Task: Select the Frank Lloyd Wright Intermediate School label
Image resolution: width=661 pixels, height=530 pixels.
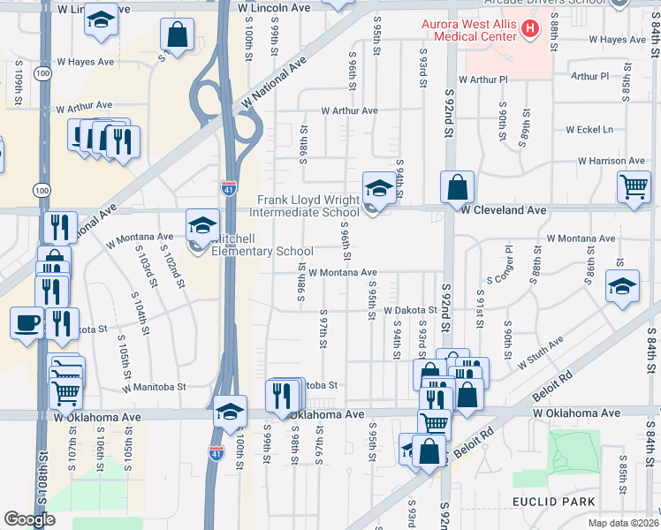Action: tap(305, 206)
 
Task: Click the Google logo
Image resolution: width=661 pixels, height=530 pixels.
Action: tap(29, 519)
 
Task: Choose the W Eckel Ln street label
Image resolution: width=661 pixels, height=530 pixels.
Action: tap(589, 130)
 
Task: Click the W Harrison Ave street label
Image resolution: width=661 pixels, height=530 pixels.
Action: tap(612, 161)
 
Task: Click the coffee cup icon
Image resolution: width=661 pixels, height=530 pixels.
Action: tap(26, 322)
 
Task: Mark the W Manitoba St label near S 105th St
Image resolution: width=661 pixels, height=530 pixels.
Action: tap(155, 387)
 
